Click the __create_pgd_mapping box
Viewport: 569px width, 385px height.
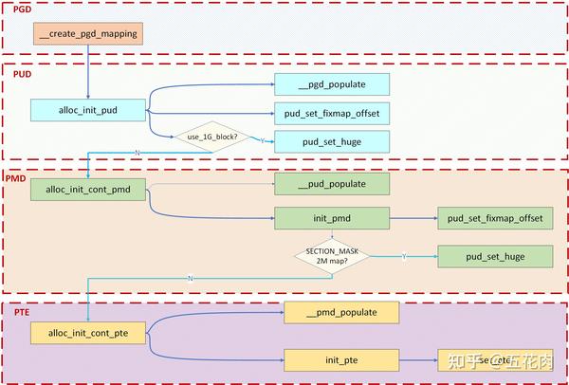click(x=88, y=35)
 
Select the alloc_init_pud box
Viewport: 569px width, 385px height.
click(x=88, y=111)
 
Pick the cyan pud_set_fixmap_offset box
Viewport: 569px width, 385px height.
click(x=332, y=114)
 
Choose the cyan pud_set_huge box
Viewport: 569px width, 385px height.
click(x=332, y=142)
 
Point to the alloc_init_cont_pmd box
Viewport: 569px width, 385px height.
click(x=88, y=189)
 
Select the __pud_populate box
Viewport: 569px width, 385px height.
click(x=332, y=183)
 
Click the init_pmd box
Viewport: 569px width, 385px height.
click(x=332, y=218)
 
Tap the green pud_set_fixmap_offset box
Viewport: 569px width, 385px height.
click(x=495, y=218)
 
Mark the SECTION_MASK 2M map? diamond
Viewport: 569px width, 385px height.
click(x=332, y=256)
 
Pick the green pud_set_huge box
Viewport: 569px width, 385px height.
click(x=495, y=255)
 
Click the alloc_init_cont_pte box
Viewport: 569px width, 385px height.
click(x=88, y=331)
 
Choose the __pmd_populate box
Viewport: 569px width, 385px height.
click(x=341, y=312)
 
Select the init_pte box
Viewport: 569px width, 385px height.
click(x=341, y=359)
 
